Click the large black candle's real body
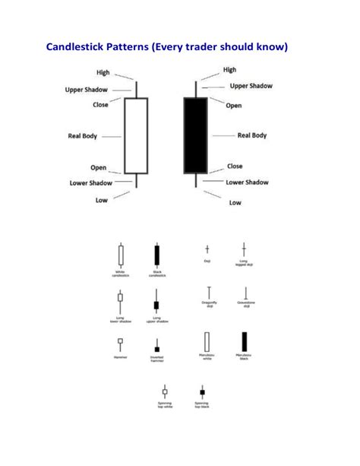[x=195, y=135]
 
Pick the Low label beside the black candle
[x=235, y=203]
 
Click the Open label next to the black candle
[x=233, y=106]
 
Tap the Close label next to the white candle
[x=100, y=105]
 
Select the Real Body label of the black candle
[x=252, y=135]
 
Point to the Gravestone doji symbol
[x=244, y=293]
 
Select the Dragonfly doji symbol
[x=208, y=293]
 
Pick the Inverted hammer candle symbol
[x=156, y=347]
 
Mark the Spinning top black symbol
[x=202, y=392]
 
